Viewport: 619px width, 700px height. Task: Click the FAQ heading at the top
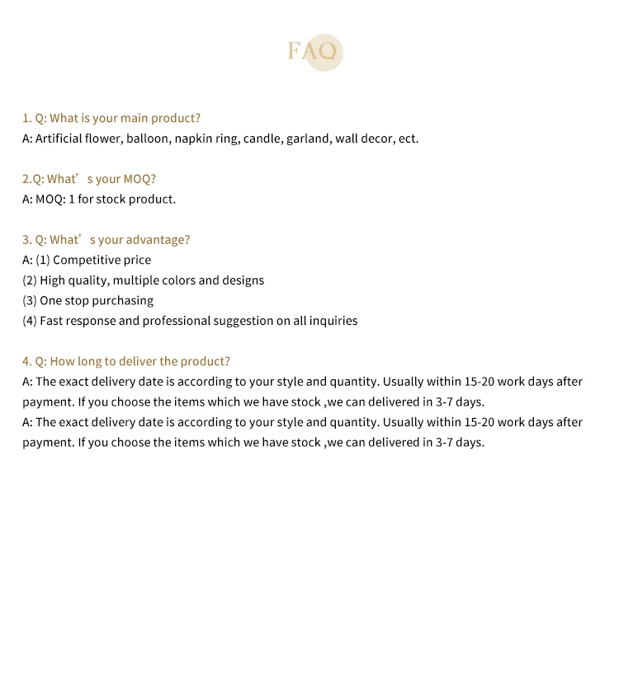click(312, 52)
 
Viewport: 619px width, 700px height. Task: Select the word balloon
click(147, 139)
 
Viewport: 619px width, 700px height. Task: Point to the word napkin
click(193, 139)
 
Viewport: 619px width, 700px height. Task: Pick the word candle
click(262, 139)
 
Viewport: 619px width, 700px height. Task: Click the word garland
click(308, 139)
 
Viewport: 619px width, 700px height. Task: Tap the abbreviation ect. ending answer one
click(409, 139)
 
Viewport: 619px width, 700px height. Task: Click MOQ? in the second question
click(139, 179)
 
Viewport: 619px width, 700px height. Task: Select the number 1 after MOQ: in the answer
click(72, 199)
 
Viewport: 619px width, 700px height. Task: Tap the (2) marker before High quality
click(30, 280)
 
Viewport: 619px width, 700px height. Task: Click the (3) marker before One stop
click(30, 301)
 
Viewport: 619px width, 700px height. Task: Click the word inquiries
click(333, 321)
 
